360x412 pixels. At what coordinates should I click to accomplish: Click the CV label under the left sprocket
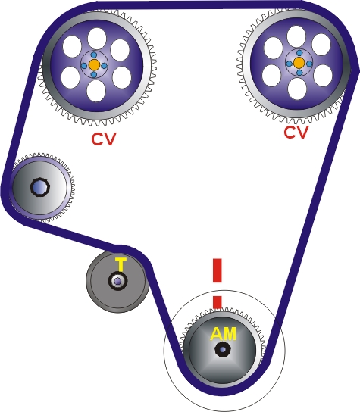coord(105,140)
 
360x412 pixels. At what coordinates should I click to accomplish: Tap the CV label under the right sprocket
coord(296,133)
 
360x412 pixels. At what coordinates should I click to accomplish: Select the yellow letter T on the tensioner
coord(120,264)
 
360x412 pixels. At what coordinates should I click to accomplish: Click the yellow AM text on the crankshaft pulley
coord(222,333)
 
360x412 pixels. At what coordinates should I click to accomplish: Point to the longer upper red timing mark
coord(217,270)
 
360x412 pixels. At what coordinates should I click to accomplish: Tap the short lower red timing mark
coord(217,301)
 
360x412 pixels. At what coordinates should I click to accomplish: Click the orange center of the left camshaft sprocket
coord(94,65)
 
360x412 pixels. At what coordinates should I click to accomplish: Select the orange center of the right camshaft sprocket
coord(299,63)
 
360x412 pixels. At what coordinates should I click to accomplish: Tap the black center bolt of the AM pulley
coord(222,350)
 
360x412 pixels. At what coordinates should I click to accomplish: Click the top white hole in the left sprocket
coord(95,37)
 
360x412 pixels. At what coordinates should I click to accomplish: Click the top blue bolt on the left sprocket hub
coord(94,55)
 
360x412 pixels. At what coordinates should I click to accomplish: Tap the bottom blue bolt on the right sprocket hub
coord(299,73)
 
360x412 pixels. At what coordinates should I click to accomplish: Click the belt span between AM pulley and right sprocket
coord(303,227)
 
